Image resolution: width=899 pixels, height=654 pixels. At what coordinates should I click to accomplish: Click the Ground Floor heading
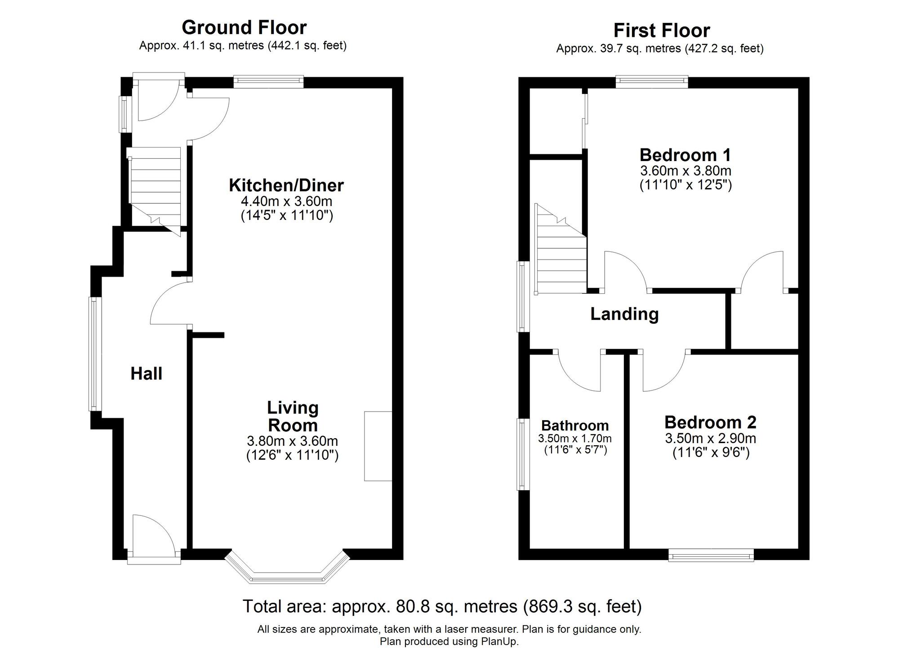tap(244, 27)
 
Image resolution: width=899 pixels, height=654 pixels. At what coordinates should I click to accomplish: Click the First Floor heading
tap(662, 31)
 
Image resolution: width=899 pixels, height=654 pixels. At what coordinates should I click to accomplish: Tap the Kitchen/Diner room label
tap(286, 185)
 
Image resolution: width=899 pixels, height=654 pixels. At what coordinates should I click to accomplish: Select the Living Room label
tap(293, 417)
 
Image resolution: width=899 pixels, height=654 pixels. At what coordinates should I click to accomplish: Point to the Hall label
tap(147, 374)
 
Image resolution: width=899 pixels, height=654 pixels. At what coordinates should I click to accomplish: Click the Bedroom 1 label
tap(685, 155)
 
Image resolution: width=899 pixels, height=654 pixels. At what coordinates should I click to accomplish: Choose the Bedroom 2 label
tap(710, 422)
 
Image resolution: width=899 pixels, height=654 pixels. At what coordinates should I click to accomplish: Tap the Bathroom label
tap(575, 425)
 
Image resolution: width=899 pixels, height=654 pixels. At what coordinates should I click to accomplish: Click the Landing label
tap(624, 314)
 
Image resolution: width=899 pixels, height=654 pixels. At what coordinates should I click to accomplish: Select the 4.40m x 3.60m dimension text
tap(287, 201)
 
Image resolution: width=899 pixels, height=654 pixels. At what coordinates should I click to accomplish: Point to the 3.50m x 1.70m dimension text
tap(575, 438)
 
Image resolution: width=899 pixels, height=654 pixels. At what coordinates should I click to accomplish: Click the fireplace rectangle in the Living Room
tap(378, 446)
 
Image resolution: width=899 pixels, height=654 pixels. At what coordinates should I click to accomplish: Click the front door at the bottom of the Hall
tap(154, 539)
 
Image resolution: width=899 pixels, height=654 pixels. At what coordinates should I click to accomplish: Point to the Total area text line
tap(442, 606)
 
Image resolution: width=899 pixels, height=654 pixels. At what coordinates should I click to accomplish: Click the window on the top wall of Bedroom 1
tap(652, 81)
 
